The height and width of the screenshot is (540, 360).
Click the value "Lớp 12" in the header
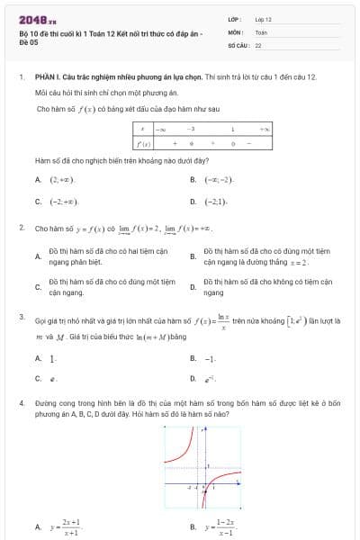point(264,18)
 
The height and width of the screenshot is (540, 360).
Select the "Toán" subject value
point(261,31)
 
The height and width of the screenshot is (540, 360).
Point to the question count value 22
point(258,43)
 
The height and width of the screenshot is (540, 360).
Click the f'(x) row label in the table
point(142,143)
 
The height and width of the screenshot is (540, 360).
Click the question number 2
point(21,228)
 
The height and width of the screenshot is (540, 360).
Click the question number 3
point(21,317)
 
